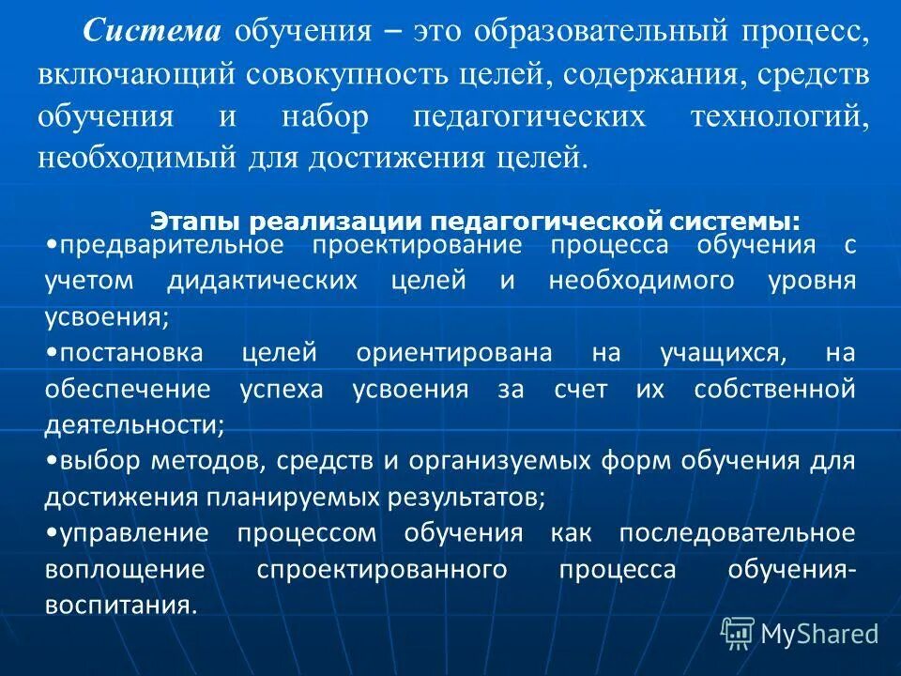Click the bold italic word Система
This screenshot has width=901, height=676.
coord(152,32)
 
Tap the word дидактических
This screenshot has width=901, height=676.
coord(263,282)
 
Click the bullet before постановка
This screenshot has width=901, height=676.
coord(50,354)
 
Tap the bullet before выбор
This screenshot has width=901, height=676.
coord(50,461)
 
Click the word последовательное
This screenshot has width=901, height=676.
coord(737,533)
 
